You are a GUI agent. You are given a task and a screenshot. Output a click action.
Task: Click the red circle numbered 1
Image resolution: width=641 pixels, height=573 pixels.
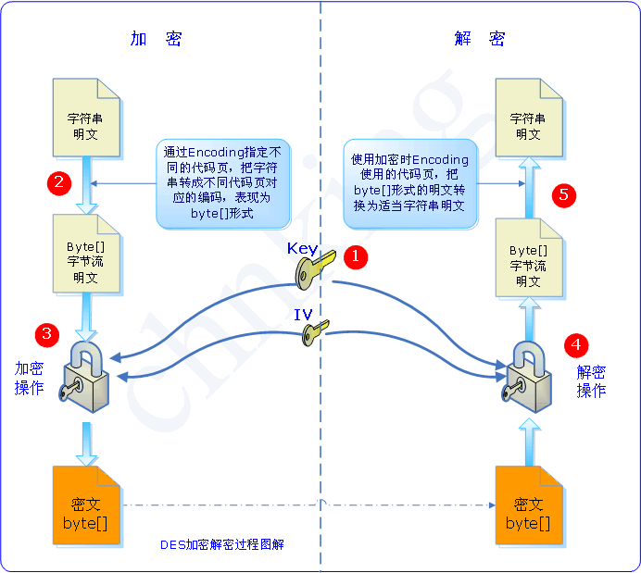[x=355, y=255]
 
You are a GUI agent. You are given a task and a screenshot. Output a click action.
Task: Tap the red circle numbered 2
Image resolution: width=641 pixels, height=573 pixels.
[x=59, y=182]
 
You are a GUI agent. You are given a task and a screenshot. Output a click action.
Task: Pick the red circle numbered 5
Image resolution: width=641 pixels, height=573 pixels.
[x=563, y=194]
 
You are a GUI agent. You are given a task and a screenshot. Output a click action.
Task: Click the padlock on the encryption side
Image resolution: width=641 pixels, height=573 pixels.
[x=85, y=375]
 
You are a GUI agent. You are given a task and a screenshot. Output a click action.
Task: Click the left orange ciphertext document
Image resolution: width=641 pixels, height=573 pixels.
[x=85, y=505]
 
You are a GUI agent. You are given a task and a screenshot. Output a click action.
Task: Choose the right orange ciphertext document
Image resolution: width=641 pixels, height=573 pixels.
[x=528, y=505]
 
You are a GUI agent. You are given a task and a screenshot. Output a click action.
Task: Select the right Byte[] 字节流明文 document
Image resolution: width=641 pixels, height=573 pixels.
[x=528, y=258]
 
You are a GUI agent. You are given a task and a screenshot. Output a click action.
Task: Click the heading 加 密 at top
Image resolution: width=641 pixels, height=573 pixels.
[x=156, y=39]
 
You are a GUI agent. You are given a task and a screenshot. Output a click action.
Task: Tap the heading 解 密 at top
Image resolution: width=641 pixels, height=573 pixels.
[x=480, y=39]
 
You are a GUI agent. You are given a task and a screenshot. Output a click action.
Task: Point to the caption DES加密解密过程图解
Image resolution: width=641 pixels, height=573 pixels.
[x=221, y=544]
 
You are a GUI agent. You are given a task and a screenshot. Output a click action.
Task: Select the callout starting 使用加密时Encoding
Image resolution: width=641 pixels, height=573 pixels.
[x=409, y=183]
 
